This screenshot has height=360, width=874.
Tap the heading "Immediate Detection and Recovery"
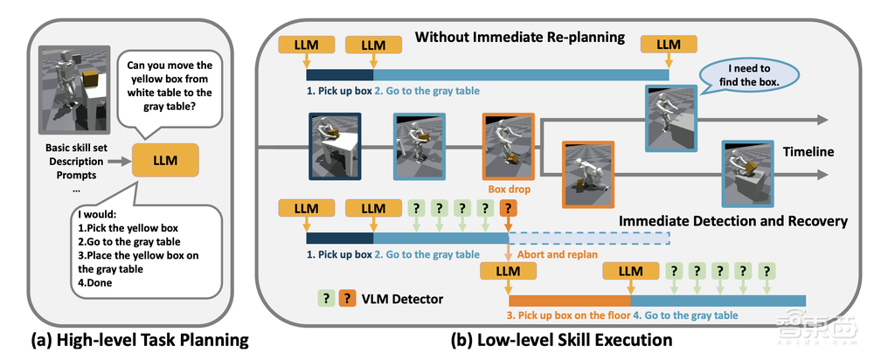point(732,221)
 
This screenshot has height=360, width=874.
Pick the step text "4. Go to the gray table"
point(686,315)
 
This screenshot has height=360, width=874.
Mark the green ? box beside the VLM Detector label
point(324,298)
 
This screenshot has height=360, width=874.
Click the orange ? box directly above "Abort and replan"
point(508,209)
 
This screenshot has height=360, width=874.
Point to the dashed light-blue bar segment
point(588,239)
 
